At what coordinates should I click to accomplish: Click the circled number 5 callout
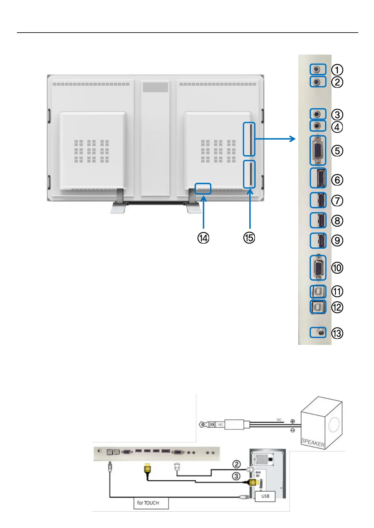337,151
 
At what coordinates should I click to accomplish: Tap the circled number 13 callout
337,333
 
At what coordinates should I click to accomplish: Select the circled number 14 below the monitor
203,238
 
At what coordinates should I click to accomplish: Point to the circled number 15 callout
249,238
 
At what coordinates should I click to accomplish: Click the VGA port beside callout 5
318,150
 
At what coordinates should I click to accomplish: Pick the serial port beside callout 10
318,268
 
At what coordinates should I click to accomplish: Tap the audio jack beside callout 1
317,69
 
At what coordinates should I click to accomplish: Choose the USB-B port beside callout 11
318,291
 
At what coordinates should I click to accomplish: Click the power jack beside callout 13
320,332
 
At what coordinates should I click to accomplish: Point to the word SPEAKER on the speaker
313,442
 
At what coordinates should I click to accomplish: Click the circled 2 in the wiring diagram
236,464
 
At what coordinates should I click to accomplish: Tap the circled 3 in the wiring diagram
236,476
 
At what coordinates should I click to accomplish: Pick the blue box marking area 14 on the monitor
203,189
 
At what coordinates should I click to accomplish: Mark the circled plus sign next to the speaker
293,421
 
